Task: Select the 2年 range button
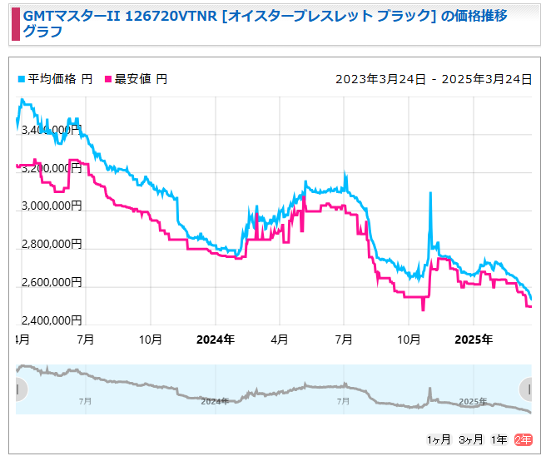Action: (x=523, y=440)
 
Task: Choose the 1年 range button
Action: (x=499, y=440)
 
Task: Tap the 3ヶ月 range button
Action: (x=471, y=440)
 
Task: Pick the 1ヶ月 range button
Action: (x=439, y=440)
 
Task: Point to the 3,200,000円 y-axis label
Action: (x=49, y=168)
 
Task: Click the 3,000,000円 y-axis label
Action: (x=49, y=206)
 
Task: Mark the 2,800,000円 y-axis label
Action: (x=49, y=245)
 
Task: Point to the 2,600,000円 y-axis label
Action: (x=49, y=283)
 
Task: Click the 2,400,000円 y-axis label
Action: (x=49, y=321)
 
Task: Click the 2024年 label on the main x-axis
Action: (x=215, y=340)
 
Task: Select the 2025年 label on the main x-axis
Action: (x=474, y=340)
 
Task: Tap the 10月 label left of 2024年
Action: (x=150, y=340)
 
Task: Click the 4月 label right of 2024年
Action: (x=280, y=340)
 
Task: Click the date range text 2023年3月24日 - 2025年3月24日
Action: (x=433, y=79)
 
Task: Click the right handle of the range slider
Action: (x=526, y=389)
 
